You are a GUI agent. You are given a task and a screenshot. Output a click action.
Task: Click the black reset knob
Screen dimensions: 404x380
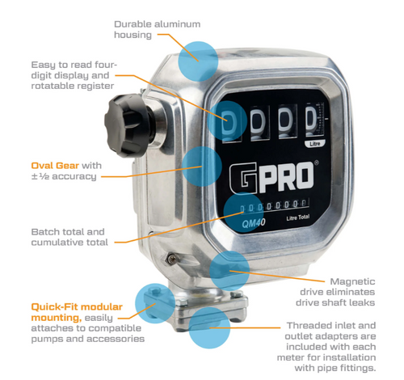[x=128, y=125]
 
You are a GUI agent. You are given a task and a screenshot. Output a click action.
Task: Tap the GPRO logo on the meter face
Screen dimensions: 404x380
[x=272, y=178]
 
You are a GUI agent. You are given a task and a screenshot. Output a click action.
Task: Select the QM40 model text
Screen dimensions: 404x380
[x=254, y=223]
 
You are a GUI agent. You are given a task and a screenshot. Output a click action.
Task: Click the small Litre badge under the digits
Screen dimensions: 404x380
[x=314, y=144]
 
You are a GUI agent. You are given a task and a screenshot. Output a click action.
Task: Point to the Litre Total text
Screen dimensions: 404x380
[x=298, y=217]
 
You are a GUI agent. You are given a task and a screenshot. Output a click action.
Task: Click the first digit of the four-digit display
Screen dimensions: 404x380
[x=230, y=120]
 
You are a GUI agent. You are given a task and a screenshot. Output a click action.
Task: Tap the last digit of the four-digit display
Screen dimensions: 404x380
[x=312, y=119]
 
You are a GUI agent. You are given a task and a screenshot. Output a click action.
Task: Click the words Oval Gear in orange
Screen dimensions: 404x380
[x=55, y=166]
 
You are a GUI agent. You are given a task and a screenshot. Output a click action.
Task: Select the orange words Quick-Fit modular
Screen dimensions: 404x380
[x=77, y=307]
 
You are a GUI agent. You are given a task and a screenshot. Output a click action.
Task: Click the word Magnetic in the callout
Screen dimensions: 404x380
[x=352, y=281]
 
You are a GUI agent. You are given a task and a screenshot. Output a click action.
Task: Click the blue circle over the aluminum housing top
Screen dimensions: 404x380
[x=198, y=61]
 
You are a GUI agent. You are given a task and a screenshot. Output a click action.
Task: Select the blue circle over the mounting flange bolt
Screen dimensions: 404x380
[x=155, y=303]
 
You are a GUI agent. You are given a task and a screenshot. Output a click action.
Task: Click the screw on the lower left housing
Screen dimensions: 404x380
[x=171, y=259]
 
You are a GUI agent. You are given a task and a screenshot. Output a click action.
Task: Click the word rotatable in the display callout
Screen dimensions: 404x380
[x=50, y=86]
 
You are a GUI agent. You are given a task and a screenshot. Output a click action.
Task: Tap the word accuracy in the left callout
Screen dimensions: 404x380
[x=74, y=176]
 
